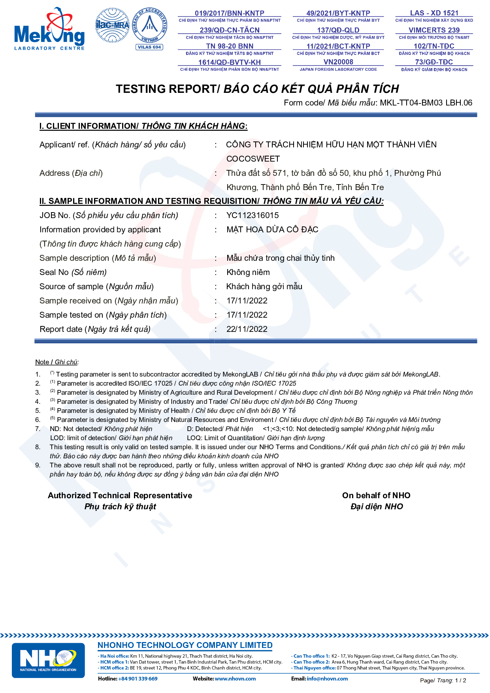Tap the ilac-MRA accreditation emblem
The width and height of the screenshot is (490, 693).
tap(112, 25)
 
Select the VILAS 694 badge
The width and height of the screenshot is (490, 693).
tap(149, 47)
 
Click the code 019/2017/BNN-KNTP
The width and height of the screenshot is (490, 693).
tap(229, 13)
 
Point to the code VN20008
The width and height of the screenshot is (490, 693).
tap(338, 62)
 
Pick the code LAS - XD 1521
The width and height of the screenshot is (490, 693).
tap(434, 13)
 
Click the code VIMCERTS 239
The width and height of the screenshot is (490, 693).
tap(434, 30)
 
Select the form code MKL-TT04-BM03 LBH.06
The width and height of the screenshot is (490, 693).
tap(426, 103)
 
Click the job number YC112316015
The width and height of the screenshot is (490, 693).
tap(253, 215)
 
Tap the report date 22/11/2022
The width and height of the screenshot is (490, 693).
tap(247, 329)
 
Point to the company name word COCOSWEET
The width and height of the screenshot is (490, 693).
tap(253, 159)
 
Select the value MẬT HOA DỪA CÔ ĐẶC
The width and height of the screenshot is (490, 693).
tap(272, 230)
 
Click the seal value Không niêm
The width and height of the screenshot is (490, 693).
tap(248, 272)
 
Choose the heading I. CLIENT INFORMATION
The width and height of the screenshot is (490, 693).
tap(88, 126)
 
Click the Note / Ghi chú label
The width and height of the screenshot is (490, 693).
tap(57, 362)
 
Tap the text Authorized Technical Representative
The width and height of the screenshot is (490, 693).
tap(120, 495)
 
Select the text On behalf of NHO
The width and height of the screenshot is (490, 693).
tap(376, 495)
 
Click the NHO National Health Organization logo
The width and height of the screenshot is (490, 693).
tap(48, 660)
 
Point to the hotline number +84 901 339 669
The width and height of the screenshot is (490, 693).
tap(138, 679)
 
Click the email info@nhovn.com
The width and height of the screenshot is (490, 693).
tap(327, 679)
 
